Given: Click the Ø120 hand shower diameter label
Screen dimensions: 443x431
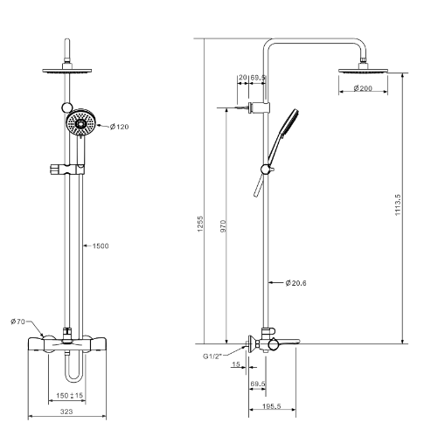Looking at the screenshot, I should [119, 127].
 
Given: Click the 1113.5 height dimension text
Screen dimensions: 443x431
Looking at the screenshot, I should [399, 208].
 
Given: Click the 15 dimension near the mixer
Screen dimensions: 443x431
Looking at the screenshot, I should [237, 364].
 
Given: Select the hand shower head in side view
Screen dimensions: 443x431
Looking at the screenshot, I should [288, 121].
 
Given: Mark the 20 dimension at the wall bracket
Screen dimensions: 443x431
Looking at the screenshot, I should [242, 78].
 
